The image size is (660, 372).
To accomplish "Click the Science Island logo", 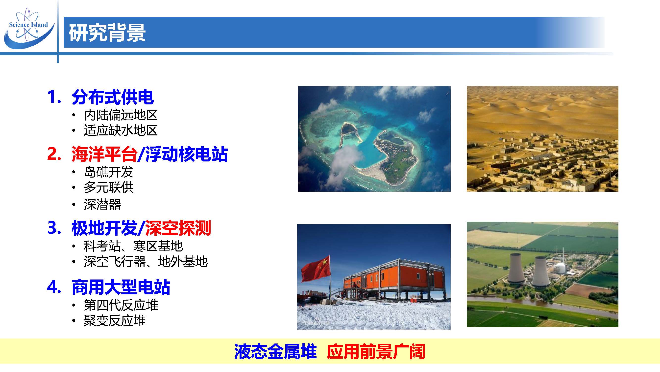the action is pos(29,28).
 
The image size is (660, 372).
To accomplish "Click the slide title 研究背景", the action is pos(107,32).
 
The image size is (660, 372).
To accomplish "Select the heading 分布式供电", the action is pos(113,97).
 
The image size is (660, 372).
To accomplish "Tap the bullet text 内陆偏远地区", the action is pos(121,115).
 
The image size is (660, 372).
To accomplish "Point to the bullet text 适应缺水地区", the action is pos(121,130).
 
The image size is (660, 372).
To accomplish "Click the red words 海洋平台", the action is pos(104,154).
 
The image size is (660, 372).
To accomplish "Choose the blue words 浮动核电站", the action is pos(186,154).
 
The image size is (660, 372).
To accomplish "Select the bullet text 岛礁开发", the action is pos(109,172).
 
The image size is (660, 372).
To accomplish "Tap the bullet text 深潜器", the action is pos(102,205).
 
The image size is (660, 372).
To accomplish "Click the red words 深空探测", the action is pos(178,228).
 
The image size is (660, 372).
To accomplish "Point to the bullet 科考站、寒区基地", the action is pos(133,246).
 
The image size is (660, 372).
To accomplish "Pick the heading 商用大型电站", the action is pos(121,287).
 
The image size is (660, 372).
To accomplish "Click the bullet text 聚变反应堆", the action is pos(115,321).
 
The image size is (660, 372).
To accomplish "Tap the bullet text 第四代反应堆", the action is pos(121,305).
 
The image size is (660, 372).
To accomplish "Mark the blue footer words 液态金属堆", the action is pos(275,352).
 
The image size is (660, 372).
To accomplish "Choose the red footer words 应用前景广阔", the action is pos(376,352).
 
